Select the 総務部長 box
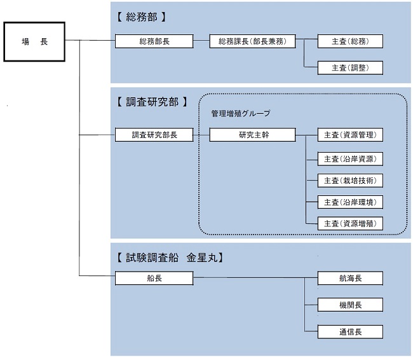(x=154, y=41)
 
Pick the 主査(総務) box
(x=351, y=41)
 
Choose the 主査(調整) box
(x=351, y=67)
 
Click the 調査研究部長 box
(x=154, y=135)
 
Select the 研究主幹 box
(x=252, y=135)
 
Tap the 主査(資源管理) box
(x=351, y=135)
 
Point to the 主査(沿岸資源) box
(x=351, y=158)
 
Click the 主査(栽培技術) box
(x=351, y=180)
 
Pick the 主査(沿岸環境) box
(x=351, y=202)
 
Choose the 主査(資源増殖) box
(x=351, y=223)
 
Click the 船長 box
(x=154, y=278)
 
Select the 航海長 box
(x=351, y=278)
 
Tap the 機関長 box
(x=351, y=305)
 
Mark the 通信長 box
(x=351, y=331)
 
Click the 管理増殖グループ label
(x=240, y=113)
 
